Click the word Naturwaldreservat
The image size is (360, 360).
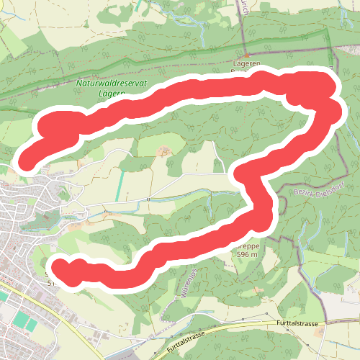(x=112, y=84)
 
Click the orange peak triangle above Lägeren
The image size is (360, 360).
(x=246, y=55)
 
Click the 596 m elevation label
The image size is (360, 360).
(x=247, y=254)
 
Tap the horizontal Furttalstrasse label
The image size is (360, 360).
(x=296, y=325)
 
